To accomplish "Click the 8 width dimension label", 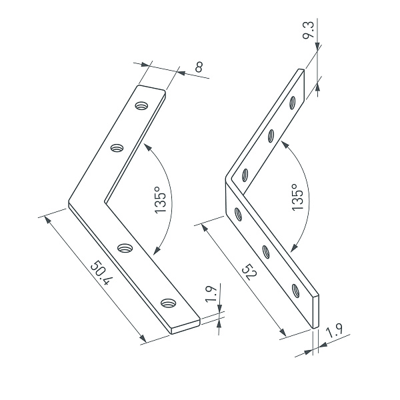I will [199, 67].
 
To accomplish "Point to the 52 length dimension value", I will [248, 274].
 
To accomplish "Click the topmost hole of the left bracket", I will [141, 105].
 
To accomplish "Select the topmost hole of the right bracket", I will [293, 102].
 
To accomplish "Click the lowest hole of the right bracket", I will [295, 289].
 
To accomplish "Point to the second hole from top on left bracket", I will [117, 147].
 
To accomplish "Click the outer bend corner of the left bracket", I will [69, 203].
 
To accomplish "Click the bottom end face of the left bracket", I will [186, 327].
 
